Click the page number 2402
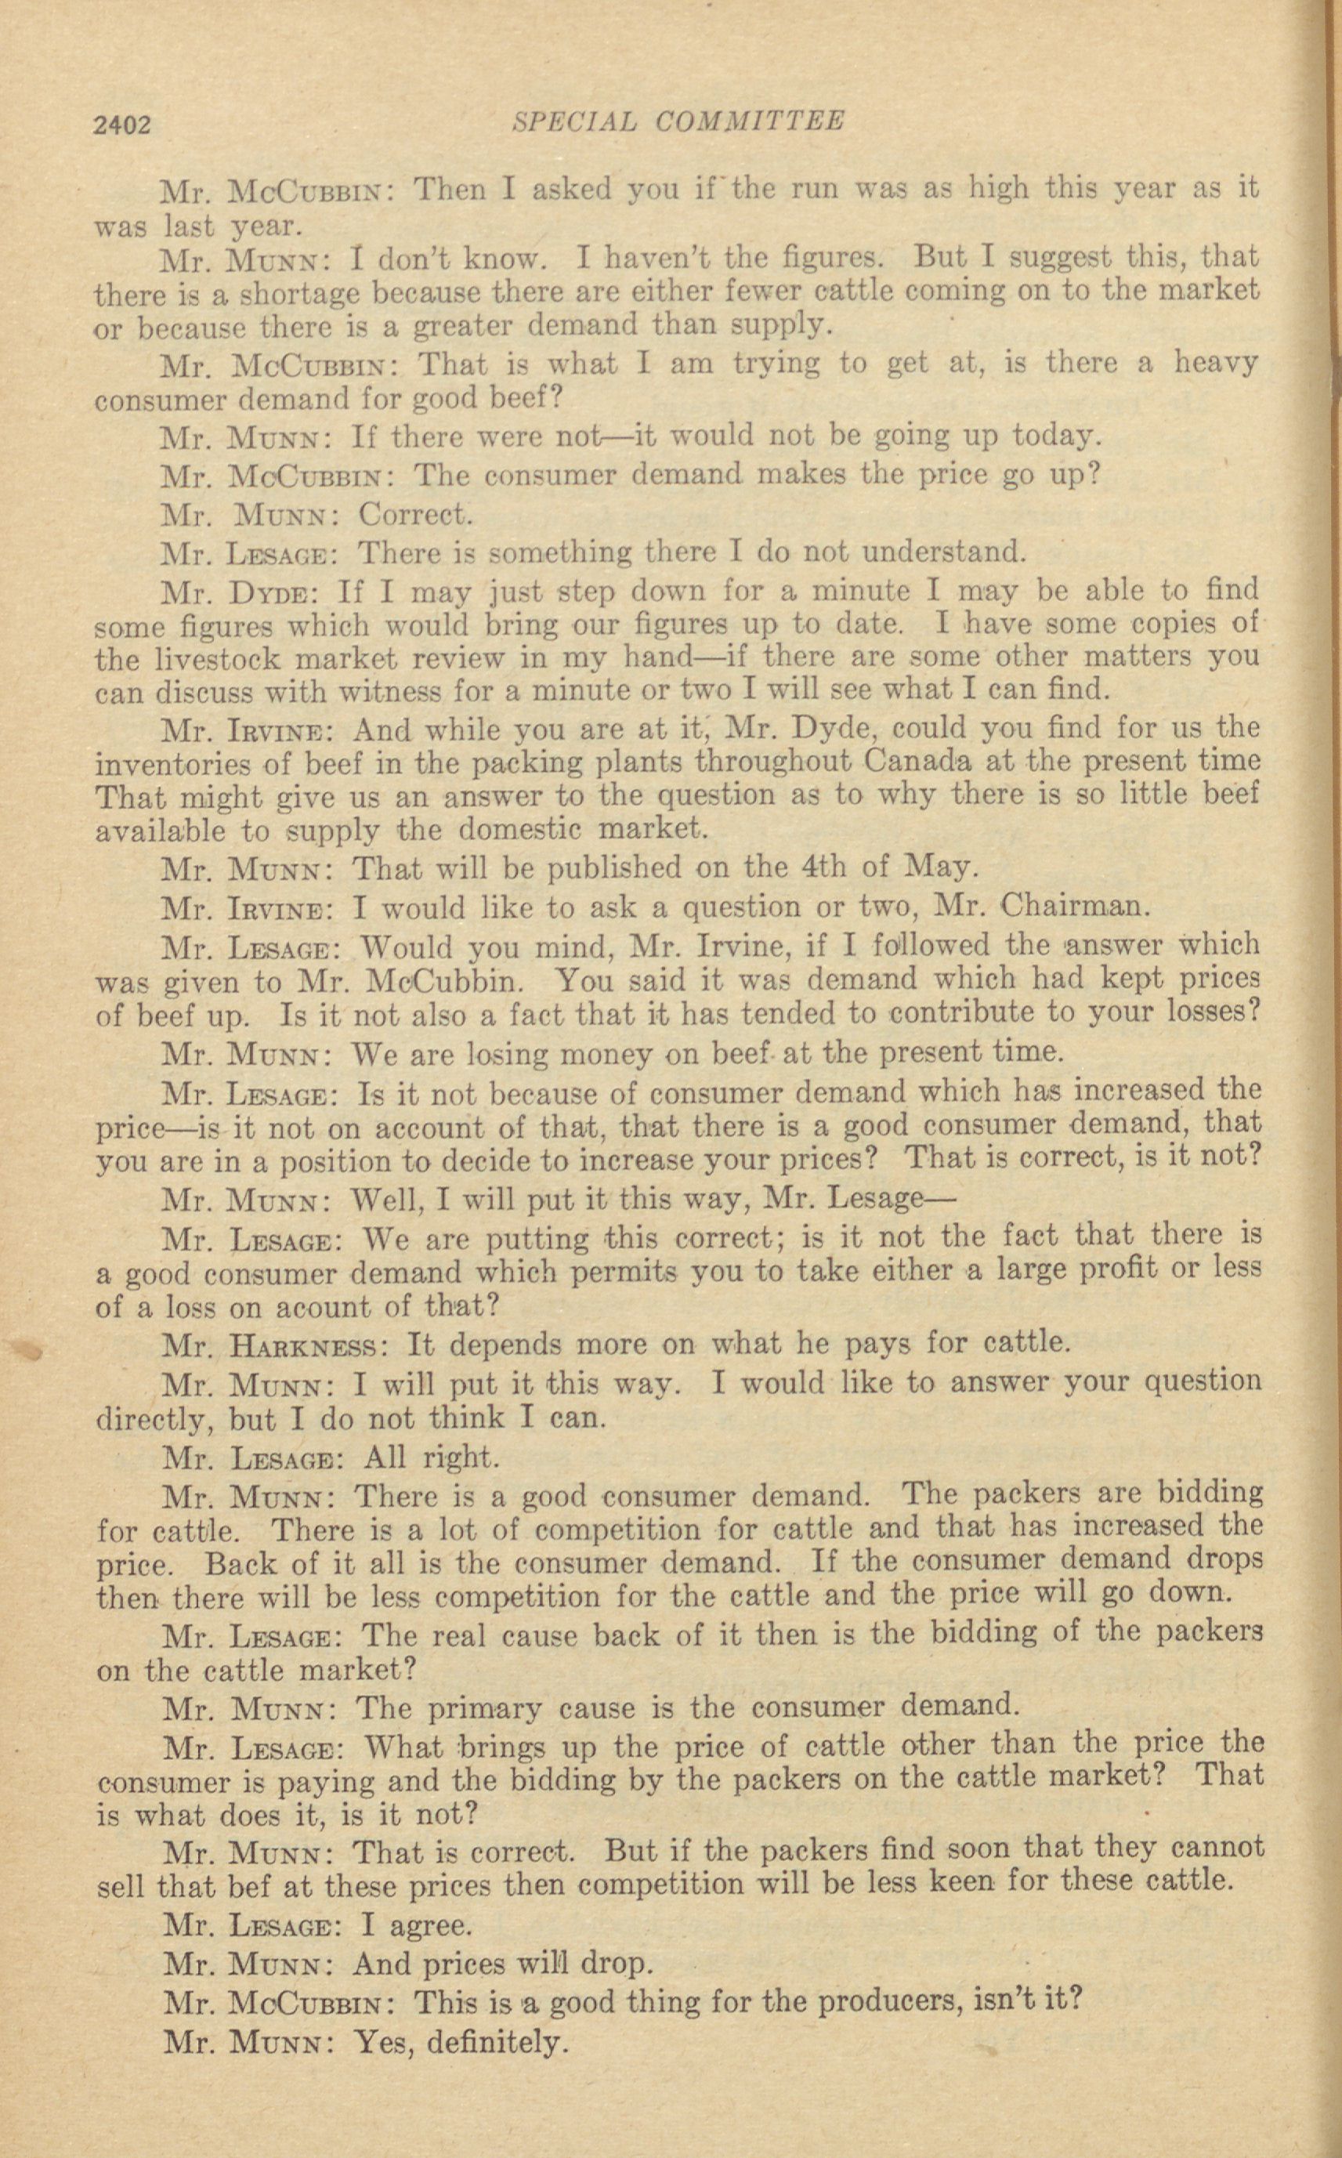tap(123, 125)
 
